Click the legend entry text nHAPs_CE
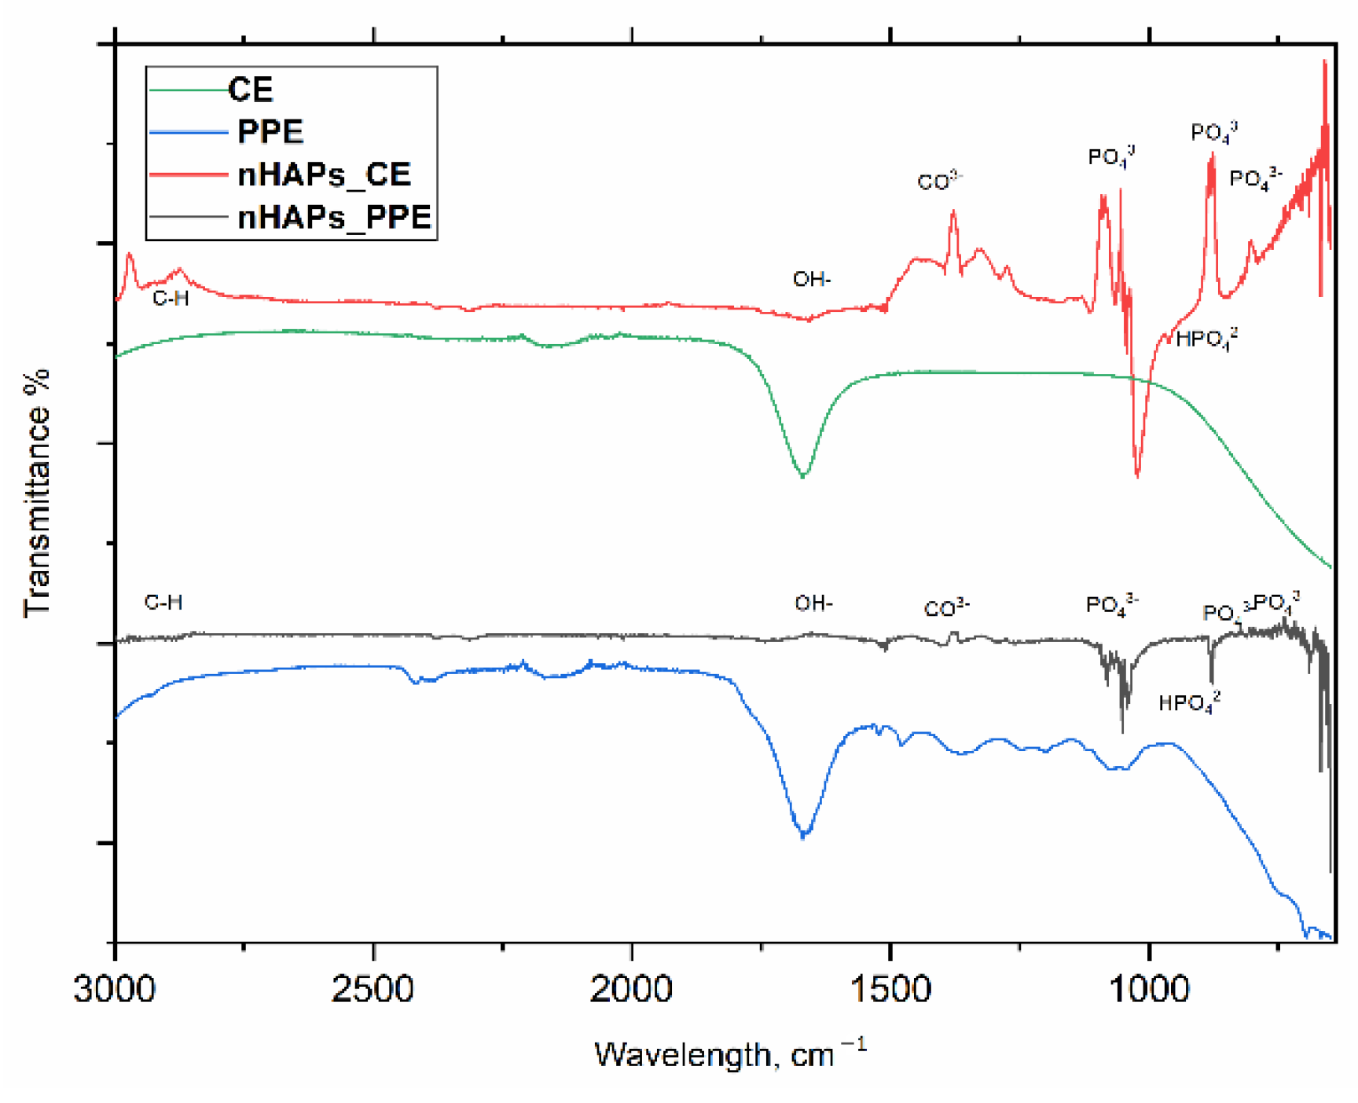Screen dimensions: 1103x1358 (x=324, y=174)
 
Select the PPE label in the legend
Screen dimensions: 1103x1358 (x=270, y=132)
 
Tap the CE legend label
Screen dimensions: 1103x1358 (x=251, y=90)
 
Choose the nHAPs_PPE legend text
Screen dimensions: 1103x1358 (x=335, y=217)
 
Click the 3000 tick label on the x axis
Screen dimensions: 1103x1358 (x=115, y=988)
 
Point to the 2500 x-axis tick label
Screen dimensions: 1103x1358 (x=373, y=988)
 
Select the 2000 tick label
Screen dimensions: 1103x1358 (x=631, y=988)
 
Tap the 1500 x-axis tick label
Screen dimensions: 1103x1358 (x=890, y=988)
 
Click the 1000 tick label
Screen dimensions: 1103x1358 (x=1148, y=988)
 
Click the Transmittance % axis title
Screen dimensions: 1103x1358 (x=36, y=493)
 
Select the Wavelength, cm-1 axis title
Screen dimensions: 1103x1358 (x=729, y=1054)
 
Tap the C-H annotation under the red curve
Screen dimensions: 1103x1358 (x=171, y=298)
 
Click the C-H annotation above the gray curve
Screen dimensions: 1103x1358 (x=163, y=603)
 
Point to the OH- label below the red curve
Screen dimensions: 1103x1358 (x=812, y=279)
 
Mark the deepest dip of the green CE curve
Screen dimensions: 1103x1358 (x=802, y=476)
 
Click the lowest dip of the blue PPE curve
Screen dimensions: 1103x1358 (x=803, y=836)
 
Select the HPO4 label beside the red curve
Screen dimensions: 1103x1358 (x=1206, y=339)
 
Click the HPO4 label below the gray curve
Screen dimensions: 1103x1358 (x=1189, y=702)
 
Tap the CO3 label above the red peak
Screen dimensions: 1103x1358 (x=940, y=181)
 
